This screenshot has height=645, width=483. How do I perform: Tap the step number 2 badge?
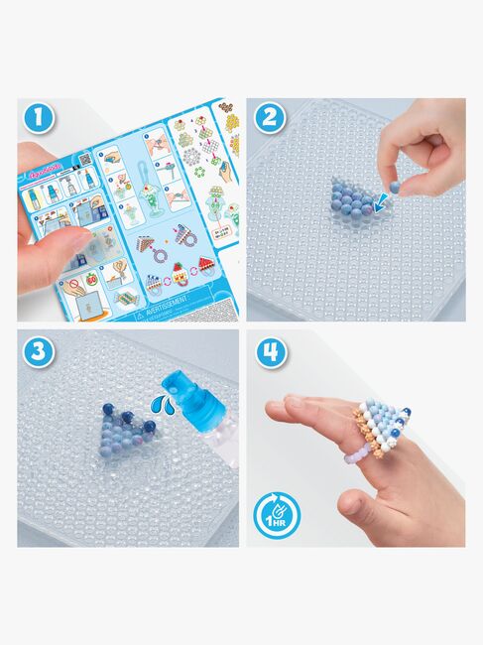[x=267, y=118]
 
